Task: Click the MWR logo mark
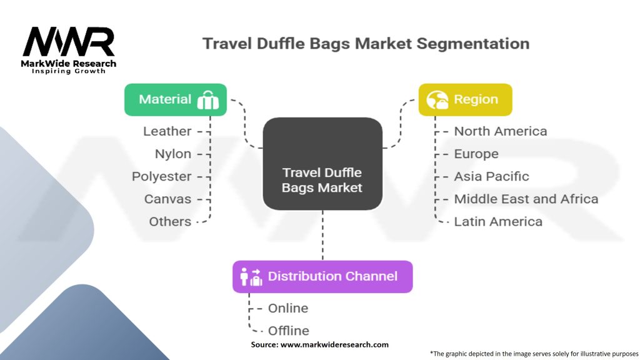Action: click(69, 42)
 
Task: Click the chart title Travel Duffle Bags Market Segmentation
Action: click(366, 44)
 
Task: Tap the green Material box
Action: click(175, 100)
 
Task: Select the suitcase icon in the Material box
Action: click(207, 101)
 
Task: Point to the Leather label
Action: click(167, 131)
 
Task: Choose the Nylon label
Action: click(173, 154)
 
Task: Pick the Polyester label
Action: click(161, 176)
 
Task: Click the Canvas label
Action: click(167, 199)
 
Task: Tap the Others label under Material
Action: click(170, 221)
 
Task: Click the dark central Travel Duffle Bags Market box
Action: click(322, 164)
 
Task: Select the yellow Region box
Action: click(465, 99)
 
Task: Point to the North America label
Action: click(500, 131)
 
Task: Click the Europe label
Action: click(476, 154)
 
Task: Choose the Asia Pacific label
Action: click(491, 176)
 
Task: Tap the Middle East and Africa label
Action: click(526, 199)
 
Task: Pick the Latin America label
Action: click(498, 221)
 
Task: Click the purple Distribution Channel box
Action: click(322, 276)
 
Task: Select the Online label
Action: click(287, 308)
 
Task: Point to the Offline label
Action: click(288, 331)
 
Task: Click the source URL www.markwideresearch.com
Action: click(334, 344)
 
